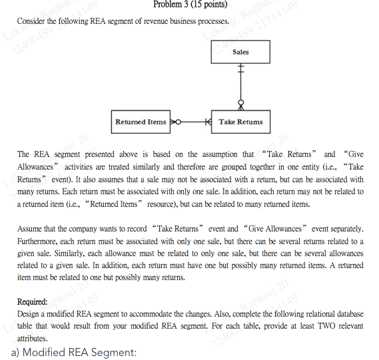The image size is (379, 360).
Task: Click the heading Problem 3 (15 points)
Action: point(190,5)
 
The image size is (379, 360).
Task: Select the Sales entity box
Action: point(240,52)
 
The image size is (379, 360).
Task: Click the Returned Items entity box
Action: point(141,122)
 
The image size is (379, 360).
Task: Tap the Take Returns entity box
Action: point(240,122)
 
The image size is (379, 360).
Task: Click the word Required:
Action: point(32,301)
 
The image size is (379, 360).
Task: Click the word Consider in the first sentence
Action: point(33,21)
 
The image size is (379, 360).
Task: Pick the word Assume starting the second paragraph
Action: point(31,229)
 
